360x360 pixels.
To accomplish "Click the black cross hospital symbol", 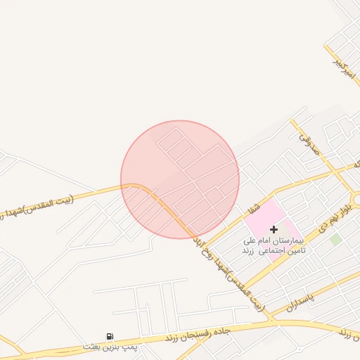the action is [274, 229].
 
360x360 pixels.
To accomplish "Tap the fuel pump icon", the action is [110, 337].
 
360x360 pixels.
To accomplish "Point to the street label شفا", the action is [254, 207].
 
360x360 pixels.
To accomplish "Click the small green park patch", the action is [336, 239].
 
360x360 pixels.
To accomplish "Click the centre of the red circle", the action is [180, 179].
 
